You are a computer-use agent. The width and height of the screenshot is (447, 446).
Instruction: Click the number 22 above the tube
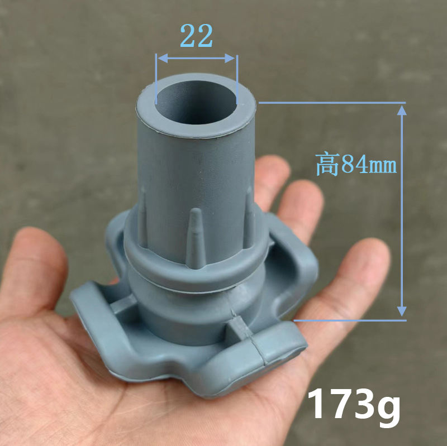(x=197, y=36)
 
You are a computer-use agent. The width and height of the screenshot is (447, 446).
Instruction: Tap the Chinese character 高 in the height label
(x=327, y=165)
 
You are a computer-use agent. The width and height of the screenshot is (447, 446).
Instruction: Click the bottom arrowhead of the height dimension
(x=401, y=314)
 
